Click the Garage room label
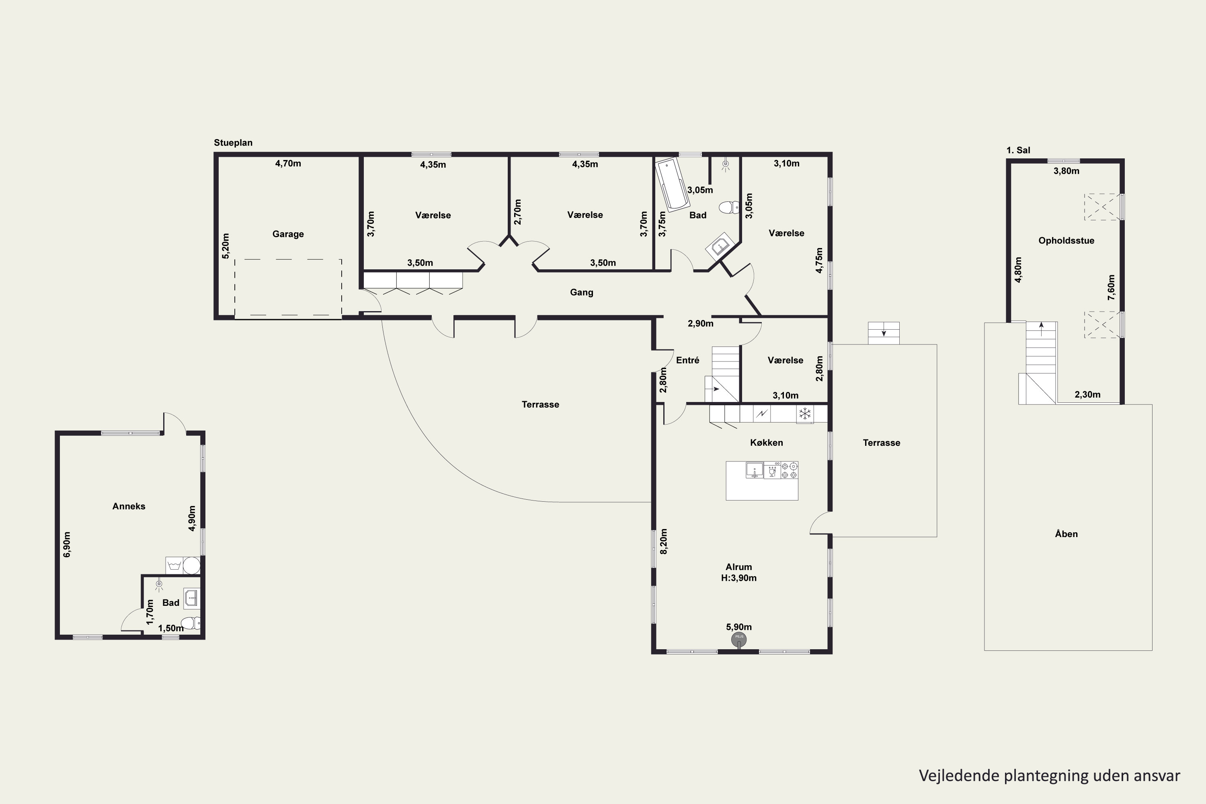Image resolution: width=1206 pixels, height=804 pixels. click(x=288, y=234)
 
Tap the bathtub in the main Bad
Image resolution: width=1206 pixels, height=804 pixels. click(x=673, y=185)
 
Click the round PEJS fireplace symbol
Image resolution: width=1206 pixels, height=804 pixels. click(x=739, y=639)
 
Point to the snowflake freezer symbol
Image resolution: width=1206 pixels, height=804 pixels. click(x=804, y=413)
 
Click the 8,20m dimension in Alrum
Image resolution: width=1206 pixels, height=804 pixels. click(x=664, y=541)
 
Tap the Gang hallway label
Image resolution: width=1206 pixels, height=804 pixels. click(x=581, y=292)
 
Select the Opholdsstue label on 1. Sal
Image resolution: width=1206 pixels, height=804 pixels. click(x=1066, y=240)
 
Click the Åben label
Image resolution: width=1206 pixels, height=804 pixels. click(x=1066, y=534)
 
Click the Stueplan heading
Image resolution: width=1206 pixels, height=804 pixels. click(x=233, y=143)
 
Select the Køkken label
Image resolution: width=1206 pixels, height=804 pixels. click(x=767, y=443)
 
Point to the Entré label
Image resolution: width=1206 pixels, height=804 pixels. click(x=687, y=360)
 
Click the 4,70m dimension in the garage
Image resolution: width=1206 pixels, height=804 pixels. click(x=288, y=164)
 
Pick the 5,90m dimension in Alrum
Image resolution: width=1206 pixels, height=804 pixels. click(x=739, y=627)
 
